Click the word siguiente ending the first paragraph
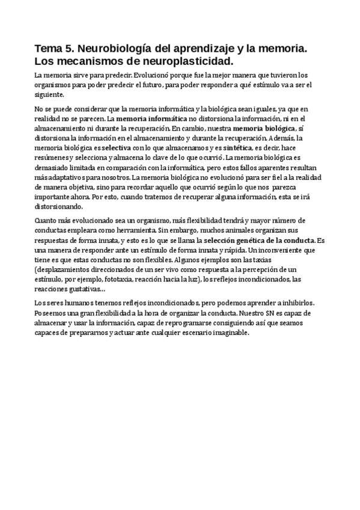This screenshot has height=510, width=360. (49, 95)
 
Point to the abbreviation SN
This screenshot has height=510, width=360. (270, 313)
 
